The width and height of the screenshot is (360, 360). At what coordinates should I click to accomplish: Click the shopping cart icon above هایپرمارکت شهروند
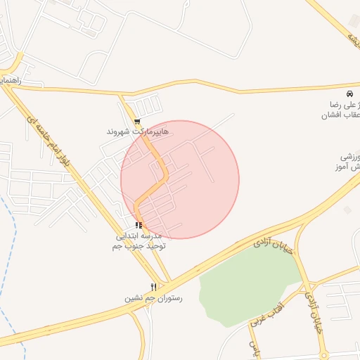tap(136, 121)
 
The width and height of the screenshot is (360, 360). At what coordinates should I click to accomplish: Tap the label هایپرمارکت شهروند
tap(137, 131)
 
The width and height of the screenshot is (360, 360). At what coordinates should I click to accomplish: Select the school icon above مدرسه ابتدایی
tap(139, 225)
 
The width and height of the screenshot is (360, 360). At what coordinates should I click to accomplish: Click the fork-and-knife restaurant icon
tap(153, 287)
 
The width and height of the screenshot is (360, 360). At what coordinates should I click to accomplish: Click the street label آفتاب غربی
tap(266, 314)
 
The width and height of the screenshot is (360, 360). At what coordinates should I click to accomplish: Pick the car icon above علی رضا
tap(349, 94)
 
